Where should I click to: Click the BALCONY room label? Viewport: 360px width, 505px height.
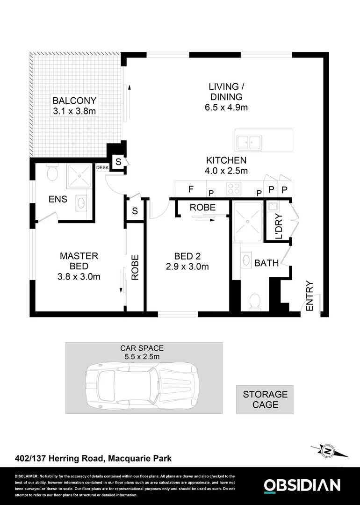(x=74, y=101)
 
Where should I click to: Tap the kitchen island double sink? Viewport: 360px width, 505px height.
(x=248, y=142)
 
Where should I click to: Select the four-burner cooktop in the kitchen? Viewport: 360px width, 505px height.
(x=233, y=188)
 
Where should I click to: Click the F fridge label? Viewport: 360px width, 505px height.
(x=190, y=189)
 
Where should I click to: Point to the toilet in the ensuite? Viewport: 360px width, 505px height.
(x=52, y=174)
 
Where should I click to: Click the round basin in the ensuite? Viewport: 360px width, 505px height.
(x=80, y=202)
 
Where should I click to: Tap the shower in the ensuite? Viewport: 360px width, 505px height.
(x=80, y=176)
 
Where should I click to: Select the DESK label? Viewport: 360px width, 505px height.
(x=102, y=167)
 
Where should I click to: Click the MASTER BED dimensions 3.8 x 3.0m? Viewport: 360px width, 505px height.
(x=79, y=276)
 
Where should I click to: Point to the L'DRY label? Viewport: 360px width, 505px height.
(x=279, y=226)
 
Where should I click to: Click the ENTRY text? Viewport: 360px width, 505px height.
(x=309, y=296)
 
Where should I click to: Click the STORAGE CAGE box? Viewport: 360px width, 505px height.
(x=265, y=400)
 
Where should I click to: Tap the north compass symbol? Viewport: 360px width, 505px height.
(x=329, y=451)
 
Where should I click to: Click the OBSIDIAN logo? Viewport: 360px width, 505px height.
(x=302, y=485)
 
